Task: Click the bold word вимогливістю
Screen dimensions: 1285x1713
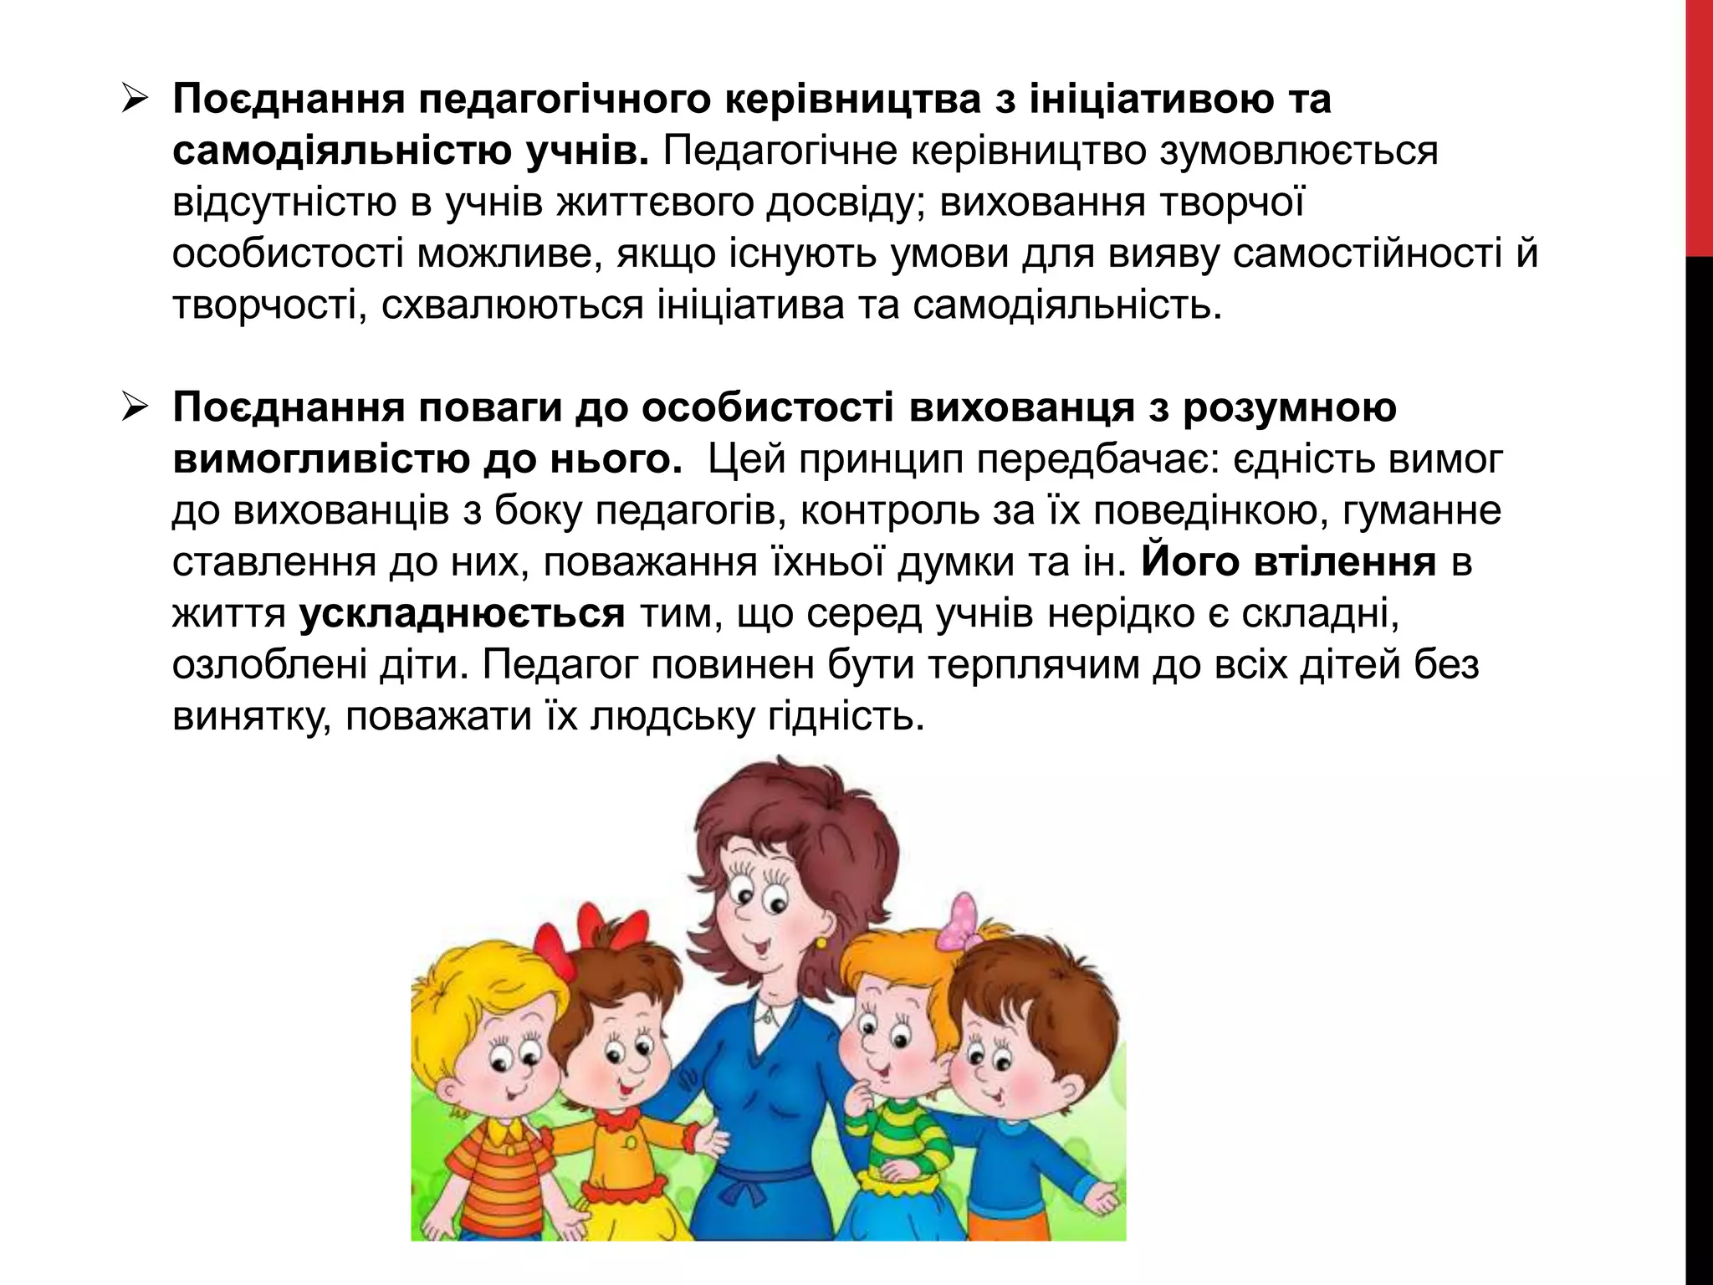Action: pos(320,460)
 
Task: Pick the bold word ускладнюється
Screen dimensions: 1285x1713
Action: pos(462,615)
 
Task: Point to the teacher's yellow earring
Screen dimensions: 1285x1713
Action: pos(821,943)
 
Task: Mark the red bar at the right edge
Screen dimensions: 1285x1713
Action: pos(1699,125)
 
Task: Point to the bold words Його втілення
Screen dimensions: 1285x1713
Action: pos(1288,563)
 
